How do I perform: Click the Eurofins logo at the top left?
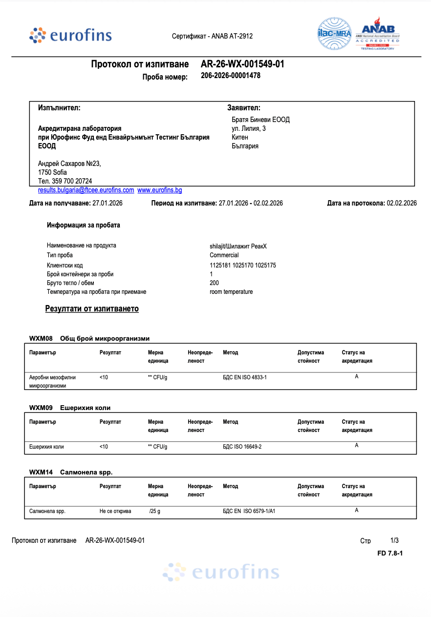pos(70,36)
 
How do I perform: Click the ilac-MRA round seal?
pos(335,34)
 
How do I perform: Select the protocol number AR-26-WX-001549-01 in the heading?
pos(242,64)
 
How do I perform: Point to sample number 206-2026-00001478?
pos(231,76)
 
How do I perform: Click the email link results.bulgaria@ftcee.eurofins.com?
pos(86,190)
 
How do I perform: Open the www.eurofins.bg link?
pos(159,190)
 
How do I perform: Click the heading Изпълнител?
pos(59,107)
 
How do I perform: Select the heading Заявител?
pos(244,107)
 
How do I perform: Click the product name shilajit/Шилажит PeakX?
pos(238,246)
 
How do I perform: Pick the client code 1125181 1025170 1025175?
pos(243,266)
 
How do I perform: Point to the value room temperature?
pos(231,292)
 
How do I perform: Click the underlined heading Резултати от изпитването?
pos(92,308)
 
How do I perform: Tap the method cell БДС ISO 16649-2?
pos(242,447)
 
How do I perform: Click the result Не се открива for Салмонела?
pos(115,511)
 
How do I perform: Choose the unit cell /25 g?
pos(155,511)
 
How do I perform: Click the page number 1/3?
pos(394,540)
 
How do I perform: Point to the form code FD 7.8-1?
pos(390,553)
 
